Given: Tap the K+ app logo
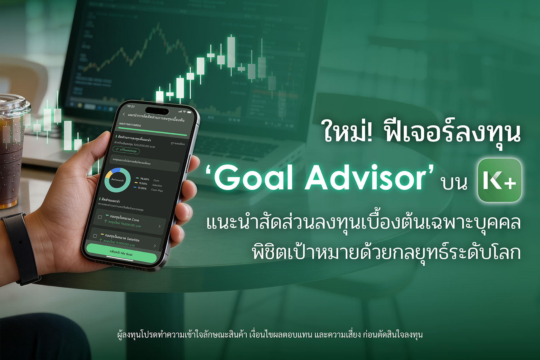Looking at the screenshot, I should (x=499, y=180).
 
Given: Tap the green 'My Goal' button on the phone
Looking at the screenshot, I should (x=121, y=253).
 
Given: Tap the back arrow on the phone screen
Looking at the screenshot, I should (x=124, y=114).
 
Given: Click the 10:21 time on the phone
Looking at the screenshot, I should (x=131, y=106).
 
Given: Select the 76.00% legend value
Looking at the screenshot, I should (x=145, y=179).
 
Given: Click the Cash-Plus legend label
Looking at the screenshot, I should (x=157, y=190).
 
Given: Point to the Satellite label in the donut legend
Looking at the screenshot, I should (x=157, y=185).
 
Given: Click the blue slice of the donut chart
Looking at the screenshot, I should (x=116, y=170).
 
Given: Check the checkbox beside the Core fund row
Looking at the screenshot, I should (x=100, y=217).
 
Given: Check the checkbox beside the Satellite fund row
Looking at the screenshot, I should (x=95, y=236).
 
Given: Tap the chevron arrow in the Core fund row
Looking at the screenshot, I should (x=160, y=226).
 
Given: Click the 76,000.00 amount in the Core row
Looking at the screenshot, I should (x=128, y=224).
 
